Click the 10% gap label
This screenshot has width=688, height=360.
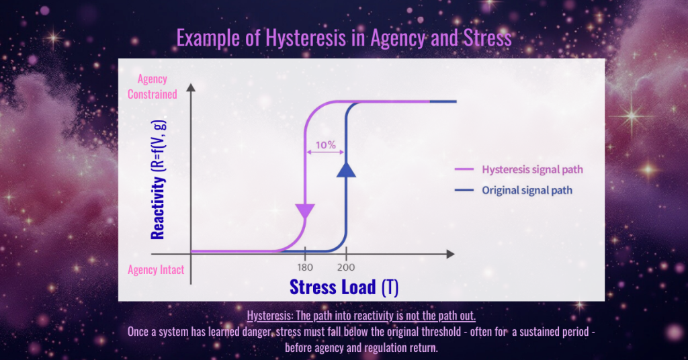(327, 143)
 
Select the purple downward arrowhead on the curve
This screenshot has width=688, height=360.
(305, 212)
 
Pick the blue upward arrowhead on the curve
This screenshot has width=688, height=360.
(346, 170)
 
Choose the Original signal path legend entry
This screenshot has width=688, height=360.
(527, 190)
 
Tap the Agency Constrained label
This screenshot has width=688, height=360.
(153, 87)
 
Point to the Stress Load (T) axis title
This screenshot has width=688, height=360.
(344, 287)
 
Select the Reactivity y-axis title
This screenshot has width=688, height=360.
(158, 180)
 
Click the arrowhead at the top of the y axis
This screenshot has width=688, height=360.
(191, 87)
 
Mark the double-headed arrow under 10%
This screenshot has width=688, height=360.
(326, 153)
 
